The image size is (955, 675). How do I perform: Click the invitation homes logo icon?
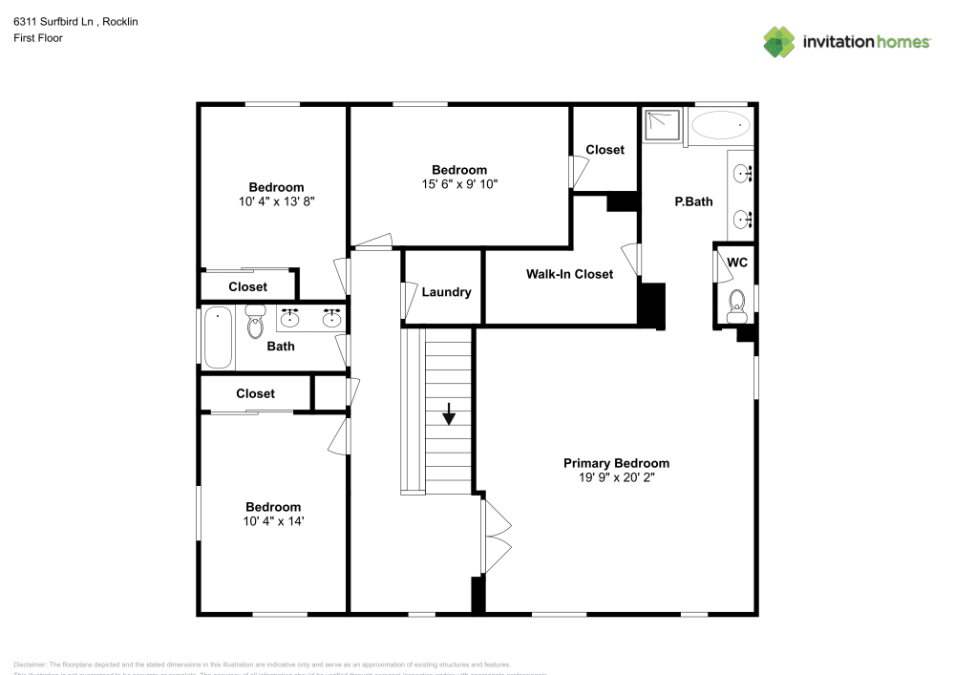[779, 41]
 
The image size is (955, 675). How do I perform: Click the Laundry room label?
[446, 292]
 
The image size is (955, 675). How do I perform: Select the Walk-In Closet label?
[569, 274]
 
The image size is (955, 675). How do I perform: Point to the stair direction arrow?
[449, 413]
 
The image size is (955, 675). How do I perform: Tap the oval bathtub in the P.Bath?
[720, 125]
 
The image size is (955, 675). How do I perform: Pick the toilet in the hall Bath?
[255, 323]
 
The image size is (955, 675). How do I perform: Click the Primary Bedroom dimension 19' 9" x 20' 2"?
[616, 478]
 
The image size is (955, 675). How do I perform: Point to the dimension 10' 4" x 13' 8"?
[276, 201]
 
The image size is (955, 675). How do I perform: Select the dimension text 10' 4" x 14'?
[272, 521]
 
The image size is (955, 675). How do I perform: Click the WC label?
[737, 263]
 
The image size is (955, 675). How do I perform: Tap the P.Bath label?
[693, 201]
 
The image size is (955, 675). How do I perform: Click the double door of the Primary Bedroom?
[497, 537]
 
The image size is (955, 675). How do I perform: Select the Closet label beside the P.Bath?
[605, 150]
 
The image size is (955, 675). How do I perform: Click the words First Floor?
[38, 38]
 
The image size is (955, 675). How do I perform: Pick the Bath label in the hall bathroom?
[281, 347]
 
